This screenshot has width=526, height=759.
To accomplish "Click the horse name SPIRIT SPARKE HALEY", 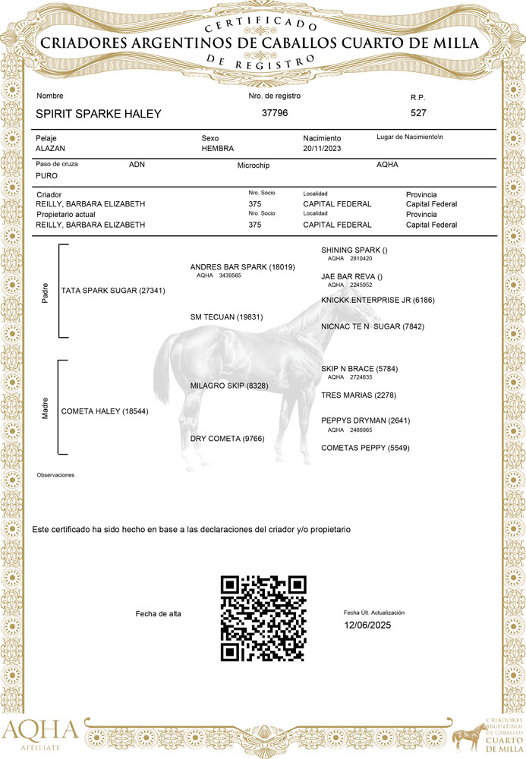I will pos(99,114).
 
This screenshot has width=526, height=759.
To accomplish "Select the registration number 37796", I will pos(274,113).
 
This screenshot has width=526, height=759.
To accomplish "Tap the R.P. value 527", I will pos(418,113).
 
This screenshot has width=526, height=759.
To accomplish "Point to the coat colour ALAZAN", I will pos(51,149).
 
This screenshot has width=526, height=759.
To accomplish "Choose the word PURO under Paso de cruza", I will pos(46,175).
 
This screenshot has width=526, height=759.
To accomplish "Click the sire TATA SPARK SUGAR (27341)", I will pos(113,291).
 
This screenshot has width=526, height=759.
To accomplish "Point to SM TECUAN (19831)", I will pos(226,317).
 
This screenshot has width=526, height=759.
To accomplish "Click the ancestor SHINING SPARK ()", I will pos(354,250).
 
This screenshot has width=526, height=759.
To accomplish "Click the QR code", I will pos(263,618).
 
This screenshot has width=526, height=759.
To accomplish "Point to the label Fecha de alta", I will pos(158,613).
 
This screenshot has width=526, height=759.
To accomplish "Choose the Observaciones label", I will pos(55,475).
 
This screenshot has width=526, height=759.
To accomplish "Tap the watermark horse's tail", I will pos(161,372).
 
